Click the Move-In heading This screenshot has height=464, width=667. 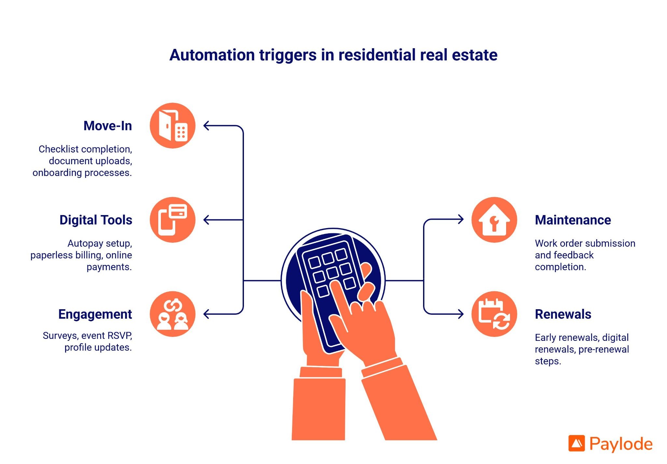[x=107, y=126]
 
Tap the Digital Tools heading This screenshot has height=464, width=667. [x=96, y=220]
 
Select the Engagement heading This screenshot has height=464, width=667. [x=95, y=314]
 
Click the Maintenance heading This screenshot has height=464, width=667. [x=573, y=220]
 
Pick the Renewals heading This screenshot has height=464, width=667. [x=563, y=314]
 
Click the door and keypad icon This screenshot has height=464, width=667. [x=173, y=126]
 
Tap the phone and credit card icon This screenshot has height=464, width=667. [x=173, y=220]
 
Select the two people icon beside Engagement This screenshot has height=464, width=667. [x=173, y=314]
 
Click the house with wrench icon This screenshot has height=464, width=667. [x=494, y=220]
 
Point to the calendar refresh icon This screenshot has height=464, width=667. [x=494, y=314]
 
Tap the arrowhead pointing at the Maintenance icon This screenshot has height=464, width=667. [x=461, y=219]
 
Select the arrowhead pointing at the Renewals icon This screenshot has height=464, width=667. [x=461, y=314]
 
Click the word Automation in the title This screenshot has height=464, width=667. [x=212, y=55]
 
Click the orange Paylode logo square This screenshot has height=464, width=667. [x=576, y=443]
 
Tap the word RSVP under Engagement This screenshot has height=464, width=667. [x=120, y=336]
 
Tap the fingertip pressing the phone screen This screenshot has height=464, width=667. [x=335, y=286]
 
